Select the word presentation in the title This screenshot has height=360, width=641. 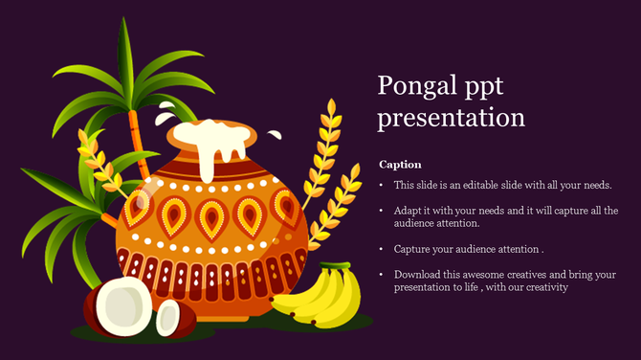(451, 118)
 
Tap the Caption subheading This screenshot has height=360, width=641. (400, 165)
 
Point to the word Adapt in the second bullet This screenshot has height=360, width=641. (409, 210)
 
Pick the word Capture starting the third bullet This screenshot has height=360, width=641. (412, 249)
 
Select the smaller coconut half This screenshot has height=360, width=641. (168, 317)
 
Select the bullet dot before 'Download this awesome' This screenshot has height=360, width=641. (383, 275)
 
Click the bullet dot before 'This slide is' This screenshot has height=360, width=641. (383, 185)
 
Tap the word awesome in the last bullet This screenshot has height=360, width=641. (483, 274)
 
